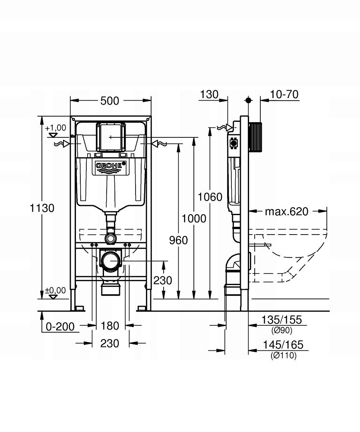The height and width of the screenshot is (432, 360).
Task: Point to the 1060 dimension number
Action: click(x=210, y=197)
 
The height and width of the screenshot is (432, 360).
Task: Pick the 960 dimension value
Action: click(x=178, y=240)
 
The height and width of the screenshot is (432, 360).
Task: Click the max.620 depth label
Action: click(x=287, y=211)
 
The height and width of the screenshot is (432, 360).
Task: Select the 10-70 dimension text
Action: click(x=284, y=94)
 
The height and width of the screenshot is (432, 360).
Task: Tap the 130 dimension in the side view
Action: click(x=209, y=94)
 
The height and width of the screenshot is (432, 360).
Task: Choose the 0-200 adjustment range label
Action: click(x=60, y=326)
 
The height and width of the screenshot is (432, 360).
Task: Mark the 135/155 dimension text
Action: click(x=281, y=320)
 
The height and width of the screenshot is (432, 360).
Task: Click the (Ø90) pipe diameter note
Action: click(x=281, y=330)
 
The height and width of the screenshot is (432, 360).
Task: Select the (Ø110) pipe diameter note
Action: click(x=284, y=356)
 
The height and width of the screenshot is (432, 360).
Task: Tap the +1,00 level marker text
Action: click(x=55, y=127)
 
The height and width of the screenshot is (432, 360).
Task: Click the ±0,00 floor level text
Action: click(x=55, y=290)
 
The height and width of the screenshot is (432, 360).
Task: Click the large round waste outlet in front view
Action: click(x=111, y=261)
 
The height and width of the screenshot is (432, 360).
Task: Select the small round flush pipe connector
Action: click(x=111, y=238)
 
